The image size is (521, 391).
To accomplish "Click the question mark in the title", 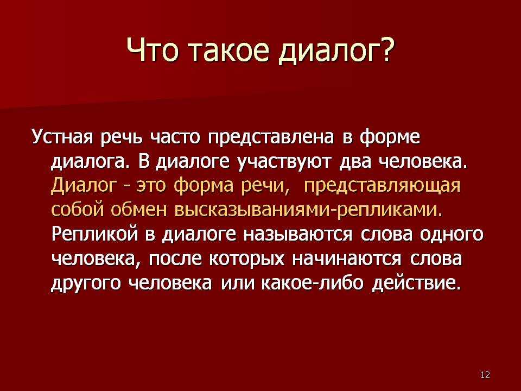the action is click(x=386, y=49).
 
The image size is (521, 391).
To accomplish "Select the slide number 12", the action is click(x=485, y=375).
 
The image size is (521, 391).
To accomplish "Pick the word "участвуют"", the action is click(x=284, y=162).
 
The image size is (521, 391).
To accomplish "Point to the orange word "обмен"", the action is click(x=138, y=210).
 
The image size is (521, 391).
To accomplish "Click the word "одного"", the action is click(x=452, y=235).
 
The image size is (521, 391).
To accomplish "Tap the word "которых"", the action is click(x=247, y=260).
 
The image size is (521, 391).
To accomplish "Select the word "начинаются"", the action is click(x=347, y=260).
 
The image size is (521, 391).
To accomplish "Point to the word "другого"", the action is click(x=86, y=283).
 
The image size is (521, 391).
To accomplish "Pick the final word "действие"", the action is click(x=416, y=283).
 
